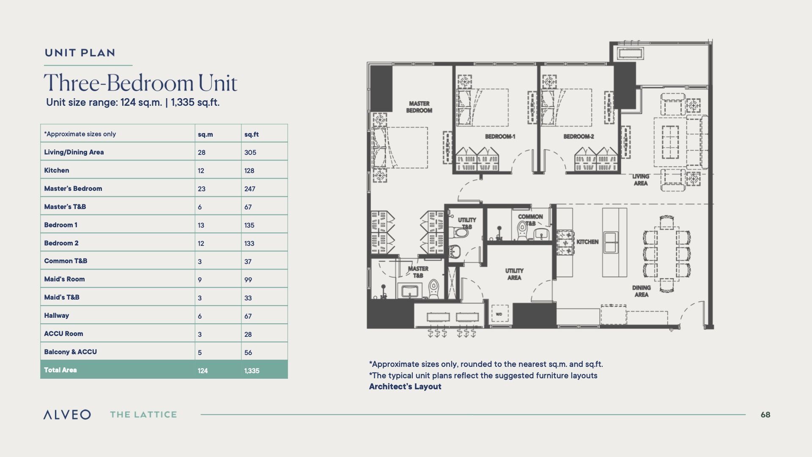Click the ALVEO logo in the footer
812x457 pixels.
[67, 415]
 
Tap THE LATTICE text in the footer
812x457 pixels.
[143, 415]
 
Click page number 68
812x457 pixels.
[765, 415]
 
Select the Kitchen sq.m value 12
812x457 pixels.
[201, 171]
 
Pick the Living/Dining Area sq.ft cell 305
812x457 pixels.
[250, 152]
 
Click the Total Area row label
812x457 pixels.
[60, 370]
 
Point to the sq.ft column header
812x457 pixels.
[251, 134]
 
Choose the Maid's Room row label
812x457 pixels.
[64, 279]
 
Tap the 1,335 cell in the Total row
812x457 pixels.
[252, 371]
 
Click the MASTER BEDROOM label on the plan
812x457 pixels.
[419, 107]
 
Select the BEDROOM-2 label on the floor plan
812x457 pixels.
[579, 136]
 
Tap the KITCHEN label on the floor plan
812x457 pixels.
[587, 242]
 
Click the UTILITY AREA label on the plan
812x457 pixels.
[514, 274]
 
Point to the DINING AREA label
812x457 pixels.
[641, 291]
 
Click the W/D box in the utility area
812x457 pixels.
[499, 314]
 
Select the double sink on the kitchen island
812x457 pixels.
[610, 242]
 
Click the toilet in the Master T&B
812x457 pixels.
[433, 290]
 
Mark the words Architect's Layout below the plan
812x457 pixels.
[405, 386]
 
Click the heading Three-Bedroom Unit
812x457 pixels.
[140, 83]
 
